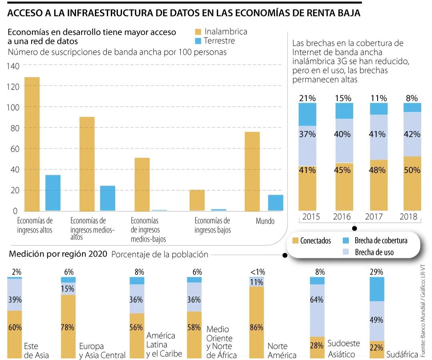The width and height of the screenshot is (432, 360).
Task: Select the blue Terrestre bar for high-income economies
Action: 53,192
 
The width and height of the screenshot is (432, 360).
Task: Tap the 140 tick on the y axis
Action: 13,66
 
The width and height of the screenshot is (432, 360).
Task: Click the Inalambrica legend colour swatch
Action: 198,32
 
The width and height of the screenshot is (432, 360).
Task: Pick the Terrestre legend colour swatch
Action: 198,41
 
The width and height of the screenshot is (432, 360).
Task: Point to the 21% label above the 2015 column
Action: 307,98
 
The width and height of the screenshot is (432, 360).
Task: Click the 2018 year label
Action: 408,217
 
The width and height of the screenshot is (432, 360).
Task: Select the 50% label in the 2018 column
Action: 412,170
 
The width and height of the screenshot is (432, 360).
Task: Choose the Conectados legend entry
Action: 312,240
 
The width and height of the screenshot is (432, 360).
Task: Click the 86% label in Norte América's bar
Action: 256,327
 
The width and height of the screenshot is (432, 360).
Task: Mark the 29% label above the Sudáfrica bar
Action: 376,272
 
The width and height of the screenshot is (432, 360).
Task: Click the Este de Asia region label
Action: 36,350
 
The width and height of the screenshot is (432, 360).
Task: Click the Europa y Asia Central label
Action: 102,350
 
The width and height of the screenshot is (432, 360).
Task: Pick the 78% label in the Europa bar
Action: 68,327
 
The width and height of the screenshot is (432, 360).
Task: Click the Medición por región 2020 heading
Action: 58,254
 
